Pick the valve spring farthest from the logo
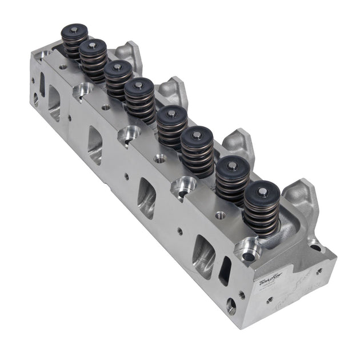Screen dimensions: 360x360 (x=75, y=42)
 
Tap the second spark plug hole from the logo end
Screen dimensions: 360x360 (x=184, y=186)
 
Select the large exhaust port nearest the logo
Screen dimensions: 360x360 (x=203, y=255)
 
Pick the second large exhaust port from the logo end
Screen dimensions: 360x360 (x=146, y=198)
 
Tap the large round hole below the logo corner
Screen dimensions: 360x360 (x=231, y=306)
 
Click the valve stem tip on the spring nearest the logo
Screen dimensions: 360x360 (x=262, y=193)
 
